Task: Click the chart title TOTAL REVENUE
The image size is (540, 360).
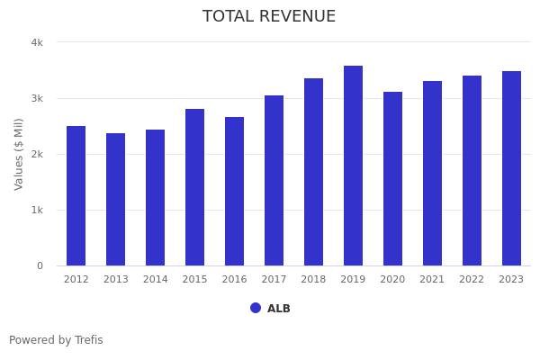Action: point(269,17)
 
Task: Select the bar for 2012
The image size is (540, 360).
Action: point(76,196)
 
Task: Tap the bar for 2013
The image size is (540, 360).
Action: point(116,200)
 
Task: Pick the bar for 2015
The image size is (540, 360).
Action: point(195,187)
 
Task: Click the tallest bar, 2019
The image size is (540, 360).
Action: point(353,166)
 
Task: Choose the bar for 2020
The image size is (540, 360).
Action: point(392,179)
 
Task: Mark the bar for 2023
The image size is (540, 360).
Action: point(511,168)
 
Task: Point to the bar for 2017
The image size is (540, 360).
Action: point(274,181)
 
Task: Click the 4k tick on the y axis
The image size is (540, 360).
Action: point(37,42)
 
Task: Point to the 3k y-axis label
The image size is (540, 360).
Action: point(37,98)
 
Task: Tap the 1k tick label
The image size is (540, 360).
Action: point(37,210)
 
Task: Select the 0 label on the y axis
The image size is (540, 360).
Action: point(40,265)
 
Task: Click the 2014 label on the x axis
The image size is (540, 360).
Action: point(156,280)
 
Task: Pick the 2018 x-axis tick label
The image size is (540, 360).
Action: point(313,280)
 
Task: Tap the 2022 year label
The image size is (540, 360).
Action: point(472,280)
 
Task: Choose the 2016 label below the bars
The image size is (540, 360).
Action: point(234,280)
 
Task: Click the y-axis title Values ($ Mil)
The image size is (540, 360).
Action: point(19,154)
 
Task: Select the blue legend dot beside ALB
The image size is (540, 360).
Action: point(256,308)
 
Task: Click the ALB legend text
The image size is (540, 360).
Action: point(279,309)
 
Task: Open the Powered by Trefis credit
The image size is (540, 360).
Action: point(56,340)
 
